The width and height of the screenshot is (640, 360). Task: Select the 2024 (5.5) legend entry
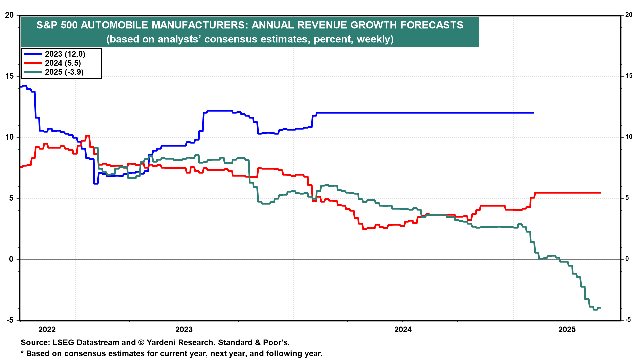(x=53, y=63)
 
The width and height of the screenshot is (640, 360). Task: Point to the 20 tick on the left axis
(x=9, y=15)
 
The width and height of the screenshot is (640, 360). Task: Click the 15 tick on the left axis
(x=9, y=76)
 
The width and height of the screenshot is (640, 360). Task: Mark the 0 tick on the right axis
(x=627, y=259)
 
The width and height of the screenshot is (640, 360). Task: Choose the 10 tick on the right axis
(x=629, y=137)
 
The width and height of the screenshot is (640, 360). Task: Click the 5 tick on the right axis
(x=627, y=198)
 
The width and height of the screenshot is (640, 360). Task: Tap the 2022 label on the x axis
(x=47, y=330)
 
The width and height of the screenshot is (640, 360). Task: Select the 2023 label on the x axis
(x=184, y=330)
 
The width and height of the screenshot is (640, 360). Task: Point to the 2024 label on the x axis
(x=403, y=330)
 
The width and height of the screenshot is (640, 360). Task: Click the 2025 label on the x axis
(x=567, y=330)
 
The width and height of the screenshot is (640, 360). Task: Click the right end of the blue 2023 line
(x=534, y=113)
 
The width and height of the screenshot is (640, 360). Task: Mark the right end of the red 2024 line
(x=601, y=193)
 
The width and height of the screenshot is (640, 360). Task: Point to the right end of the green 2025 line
(x=601, y=308)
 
